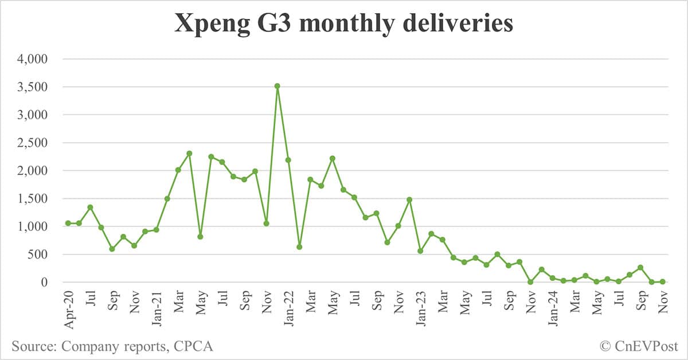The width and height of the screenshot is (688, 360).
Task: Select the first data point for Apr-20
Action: pos(68,223)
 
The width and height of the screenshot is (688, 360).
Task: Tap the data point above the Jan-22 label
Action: pos(288,160)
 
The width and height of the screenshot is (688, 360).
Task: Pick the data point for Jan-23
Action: pos(421,251)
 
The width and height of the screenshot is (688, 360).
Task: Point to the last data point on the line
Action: pos(662,281)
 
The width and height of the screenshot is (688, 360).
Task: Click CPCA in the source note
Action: pos(194,346)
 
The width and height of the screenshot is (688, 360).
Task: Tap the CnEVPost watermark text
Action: pos(646,346)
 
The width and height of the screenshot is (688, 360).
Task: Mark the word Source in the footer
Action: pos(33,346)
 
